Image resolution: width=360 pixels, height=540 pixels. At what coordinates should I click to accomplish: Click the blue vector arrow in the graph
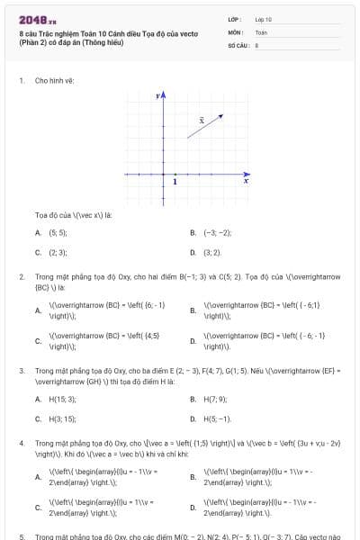pyautogui.click(x=205, y=127)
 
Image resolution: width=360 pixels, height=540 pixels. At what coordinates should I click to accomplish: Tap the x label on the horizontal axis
pyautogui.click(x=246, y=181)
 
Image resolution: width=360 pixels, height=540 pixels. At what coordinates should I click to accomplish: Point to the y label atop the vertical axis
pyautogui.click(x=157, y=94)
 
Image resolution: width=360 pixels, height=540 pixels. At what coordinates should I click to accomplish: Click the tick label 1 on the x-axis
pyautogui.click(x=175, y=182)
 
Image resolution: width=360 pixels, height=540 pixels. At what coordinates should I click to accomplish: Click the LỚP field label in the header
pyautogui.click(x=234, y=19)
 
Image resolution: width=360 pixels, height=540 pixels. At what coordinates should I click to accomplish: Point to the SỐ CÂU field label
pyautogui.click(x=237, y=44)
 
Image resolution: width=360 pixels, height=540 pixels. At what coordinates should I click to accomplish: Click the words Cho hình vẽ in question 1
pyautogui.click(x=54, y=80)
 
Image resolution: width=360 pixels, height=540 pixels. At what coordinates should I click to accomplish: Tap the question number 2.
pyautogui.click(x=21, y=277)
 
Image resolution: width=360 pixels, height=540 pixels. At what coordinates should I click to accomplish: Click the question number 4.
pyautogui.click(x=21, y=444)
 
